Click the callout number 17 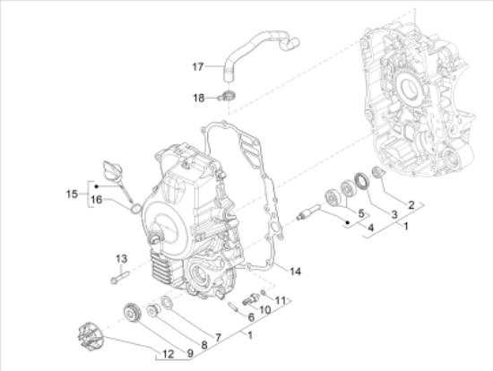coord(198,66)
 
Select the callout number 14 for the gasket coord(295,271)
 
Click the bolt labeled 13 coord(120,277)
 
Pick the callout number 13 coord(121,259)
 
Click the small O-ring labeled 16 coord(136,208)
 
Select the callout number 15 coord(72,194)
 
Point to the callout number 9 coord(190,353)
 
